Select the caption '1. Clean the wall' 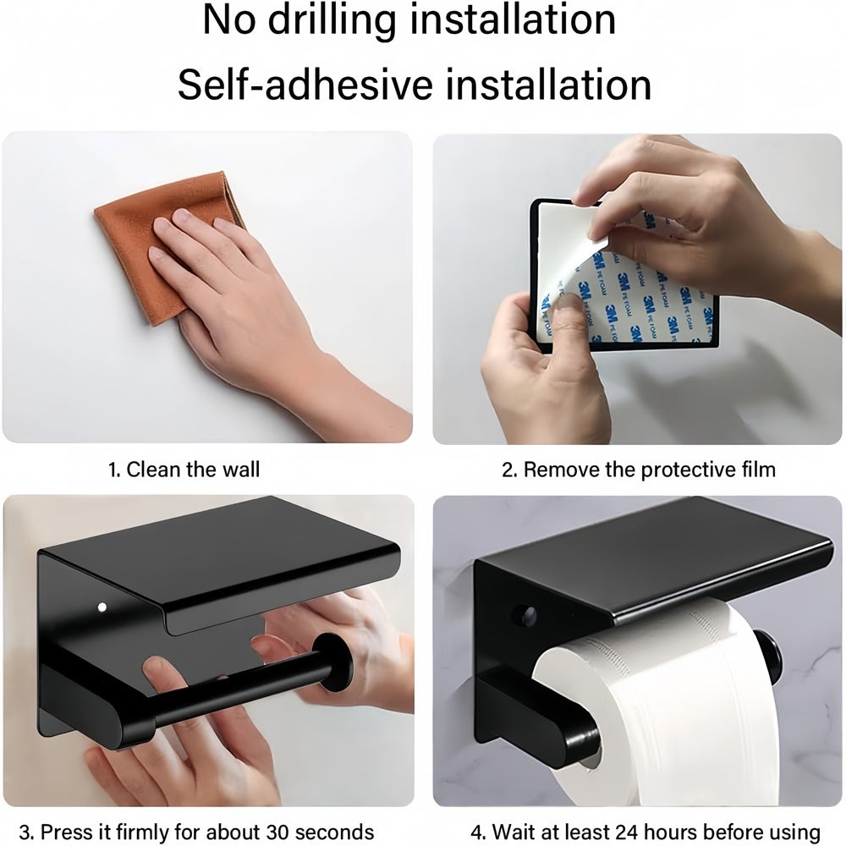point(184,470)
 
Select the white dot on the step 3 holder point(102,607)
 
